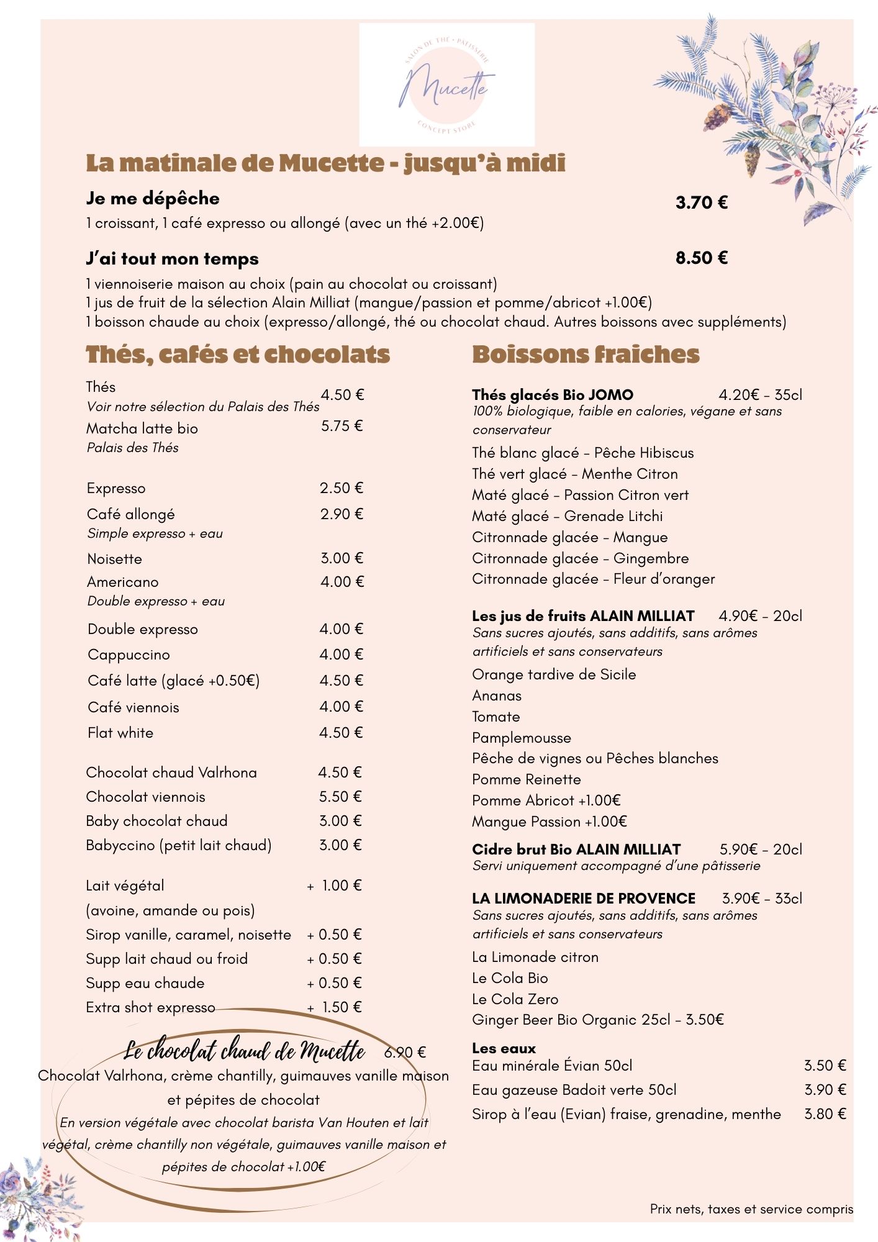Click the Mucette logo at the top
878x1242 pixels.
pos(446,85)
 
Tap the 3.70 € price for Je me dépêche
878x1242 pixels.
pos(702,202)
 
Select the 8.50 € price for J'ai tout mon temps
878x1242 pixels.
pos(702,258)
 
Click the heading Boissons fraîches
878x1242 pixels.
pos(586,355)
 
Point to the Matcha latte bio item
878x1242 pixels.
pos(142,428)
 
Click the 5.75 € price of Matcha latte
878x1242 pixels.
pos(342,426)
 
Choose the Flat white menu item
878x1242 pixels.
pos(120,733)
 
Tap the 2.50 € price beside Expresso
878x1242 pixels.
pos(341,488)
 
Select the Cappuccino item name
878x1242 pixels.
pos(129,655)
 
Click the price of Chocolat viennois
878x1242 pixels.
pos(340,797)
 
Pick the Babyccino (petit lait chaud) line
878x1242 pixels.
pos(179,845)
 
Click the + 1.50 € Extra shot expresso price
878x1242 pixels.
pos(335,1007)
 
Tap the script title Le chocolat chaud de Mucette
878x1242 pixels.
pos(244,1051)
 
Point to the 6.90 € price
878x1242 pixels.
pos(405,1053)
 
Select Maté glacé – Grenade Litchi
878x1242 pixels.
pos(567,516)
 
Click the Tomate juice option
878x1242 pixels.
pos(496,717)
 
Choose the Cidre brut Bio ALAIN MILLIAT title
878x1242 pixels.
pos(576,850)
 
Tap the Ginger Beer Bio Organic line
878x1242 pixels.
pos(597,1020)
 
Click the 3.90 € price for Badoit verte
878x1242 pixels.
pos(825,1090)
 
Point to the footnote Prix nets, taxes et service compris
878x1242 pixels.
pos(751,1209)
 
